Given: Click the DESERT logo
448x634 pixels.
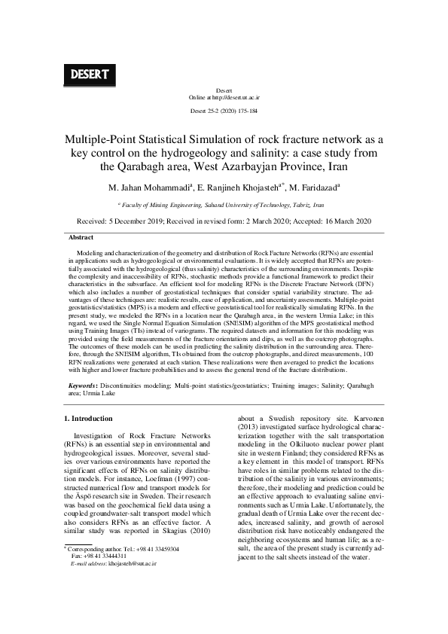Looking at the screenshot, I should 90,75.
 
